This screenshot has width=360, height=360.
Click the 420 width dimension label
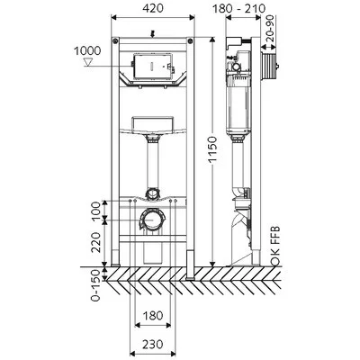pos(153,8)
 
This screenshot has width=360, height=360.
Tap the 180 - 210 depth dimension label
pos(239,8)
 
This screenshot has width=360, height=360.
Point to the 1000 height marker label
pos(87,50)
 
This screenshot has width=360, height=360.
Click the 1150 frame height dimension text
pos(212,150)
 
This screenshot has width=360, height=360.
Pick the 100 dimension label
pos(95,211)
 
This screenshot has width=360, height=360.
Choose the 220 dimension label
pos(95,242)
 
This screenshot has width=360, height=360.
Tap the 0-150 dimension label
pos(95,285)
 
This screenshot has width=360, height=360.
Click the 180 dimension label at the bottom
pos(153,315)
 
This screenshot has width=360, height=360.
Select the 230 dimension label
pos(153,344)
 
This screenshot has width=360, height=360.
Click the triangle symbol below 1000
pos(88,62)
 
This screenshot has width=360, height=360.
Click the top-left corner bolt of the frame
pos(115,40)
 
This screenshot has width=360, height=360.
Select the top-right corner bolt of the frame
pos(191,40)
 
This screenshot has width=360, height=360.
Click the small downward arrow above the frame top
pos(152,34)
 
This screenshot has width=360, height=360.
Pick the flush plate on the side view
pos(269,66)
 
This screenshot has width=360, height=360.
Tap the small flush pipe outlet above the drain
pos(153,193)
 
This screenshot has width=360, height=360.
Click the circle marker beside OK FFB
pos(275,262)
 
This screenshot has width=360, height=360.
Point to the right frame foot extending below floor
pos(190,265)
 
